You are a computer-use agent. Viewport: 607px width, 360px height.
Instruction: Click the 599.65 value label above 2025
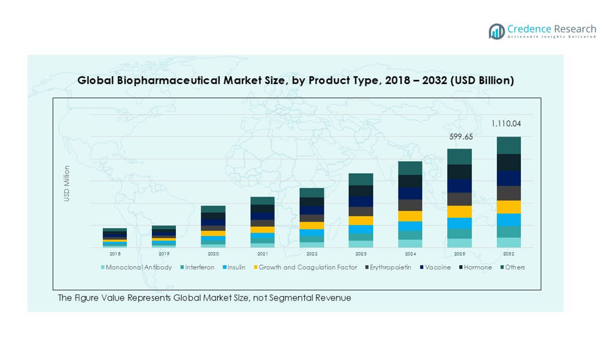coord(460,137)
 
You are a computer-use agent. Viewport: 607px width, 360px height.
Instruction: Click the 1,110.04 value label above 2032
coord(506,123)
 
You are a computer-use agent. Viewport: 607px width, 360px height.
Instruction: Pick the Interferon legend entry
coord(199,267)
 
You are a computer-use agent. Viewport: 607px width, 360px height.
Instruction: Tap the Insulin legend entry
coord(236,267)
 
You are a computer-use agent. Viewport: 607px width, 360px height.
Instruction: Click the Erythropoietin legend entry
coord(390,267)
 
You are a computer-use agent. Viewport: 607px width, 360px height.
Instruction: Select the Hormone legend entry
coord(477,267)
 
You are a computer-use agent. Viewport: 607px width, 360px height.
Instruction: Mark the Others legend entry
coord(514,267)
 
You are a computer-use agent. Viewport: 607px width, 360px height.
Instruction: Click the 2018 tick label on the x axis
coord(115,254)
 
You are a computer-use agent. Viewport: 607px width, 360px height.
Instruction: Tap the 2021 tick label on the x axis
coord(262,254)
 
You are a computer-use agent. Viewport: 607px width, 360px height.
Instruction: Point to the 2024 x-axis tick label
coord(410,254)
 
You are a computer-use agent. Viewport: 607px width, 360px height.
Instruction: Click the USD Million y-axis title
coord(67,183)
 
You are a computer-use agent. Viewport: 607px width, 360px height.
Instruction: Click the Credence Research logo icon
coord(497,31)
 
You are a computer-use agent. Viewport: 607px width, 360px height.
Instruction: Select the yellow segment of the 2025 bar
coord(460,211)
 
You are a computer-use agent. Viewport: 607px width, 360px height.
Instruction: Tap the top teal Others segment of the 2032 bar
coord(509,145)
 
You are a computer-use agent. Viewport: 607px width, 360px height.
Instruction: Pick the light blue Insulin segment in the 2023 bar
coord(361,229)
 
